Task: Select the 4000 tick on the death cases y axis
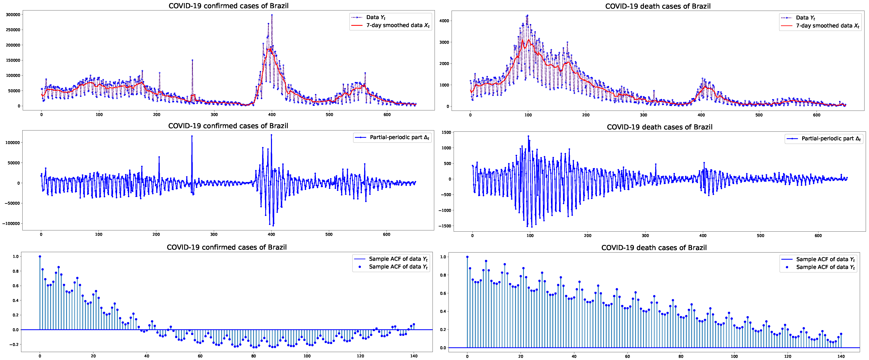pos(445,21)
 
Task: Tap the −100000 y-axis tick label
pos(11,223)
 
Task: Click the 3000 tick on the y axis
pos(445,42)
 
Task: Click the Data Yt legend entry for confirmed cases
pos(375,17)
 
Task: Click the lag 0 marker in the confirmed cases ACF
pos(40,256)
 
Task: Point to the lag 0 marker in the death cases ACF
pos(467,257)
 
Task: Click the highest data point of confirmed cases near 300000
pos(272,15)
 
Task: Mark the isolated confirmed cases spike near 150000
pos(192,60)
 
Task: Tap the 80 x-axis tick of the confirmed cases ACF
pos(254,356)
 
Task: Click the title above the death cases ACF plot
pos(654,248)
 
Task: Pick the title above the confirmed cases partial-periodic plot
pos(228,126)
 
